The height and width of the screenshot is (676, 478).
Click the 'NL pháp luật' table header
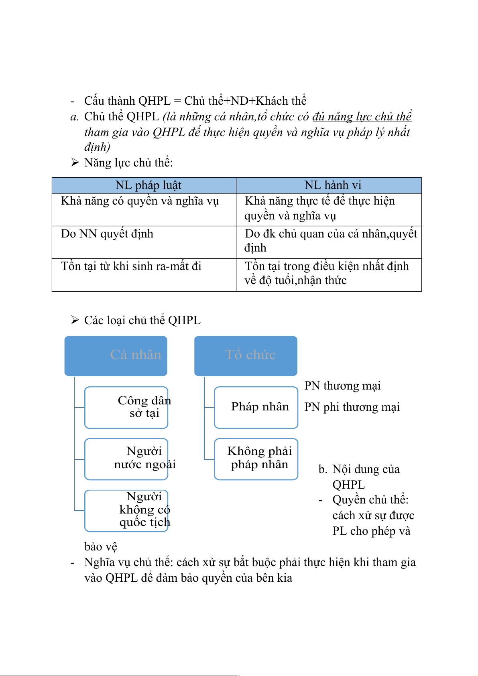click(x=148, y=185)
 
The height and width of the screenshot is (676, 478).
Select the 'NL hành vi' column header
click(x=333, y=185)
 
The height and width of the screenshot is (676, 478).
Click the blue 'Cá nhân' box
click(x=116, y=355)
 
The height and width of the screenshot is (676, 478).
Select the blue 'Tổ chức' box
click(x=246, y=355)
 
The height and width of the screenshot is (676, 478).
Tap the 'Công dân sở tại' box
click(x=126, y=407)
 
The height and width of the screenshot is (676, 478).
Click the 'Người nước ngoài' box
click(x=126, y=459)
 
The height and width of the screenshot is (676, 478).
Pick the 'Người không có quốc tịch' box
click(x=126, y=510)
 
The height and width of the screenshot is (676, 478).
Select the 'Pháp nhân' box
click(x=256, y=407)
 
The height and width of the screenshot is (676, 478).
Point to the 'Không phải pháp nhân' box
click(x=256, y=459)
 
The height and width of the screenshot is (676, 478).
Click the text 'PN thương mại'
click(x=342, y=386)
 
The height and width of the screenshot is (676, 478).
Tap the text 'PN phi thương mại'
click(x=352, y=407)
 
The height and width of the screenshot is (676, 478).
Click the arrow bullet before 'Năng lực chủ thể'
click(x=75, y=162)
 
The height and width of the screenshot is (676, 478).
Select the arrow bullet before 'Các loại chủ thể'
click(x=75, y=320)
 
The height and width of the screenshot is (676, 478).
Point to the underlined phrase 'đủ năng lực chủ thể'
click(x=362, y=117)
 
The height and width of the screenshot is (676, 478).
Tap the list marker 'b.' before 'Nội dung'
click(x=323, y=469)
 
